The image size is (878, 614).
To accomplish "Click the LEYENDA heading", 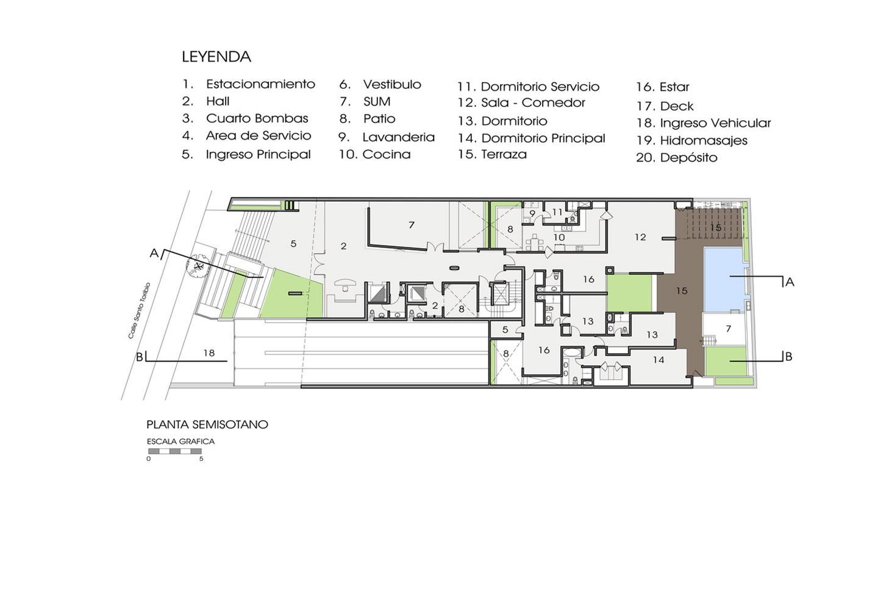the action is coord(216,57).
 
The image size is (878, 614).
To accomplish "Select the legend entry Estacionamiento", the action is coord(261,84).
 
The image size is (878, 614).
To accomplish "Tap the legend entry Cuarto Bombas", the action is coord(257,118).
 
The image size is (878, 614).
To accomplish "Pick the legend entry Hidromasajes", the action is coord(704,141).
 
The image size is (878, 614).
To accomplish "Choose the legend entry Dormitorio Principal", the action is coord(543,138).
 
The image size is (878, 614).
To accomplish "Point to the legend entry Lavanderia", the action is coord(399,137).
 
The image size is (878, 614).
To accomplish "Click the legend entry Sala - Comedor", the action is coord(533,102).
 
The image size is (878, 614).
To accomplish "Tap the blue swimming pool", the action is coord(724,279).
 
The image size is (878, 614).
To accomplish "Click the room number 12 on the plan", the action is coord(640,237).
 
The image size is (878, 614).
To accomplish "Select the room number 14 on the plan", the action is coord(659,360).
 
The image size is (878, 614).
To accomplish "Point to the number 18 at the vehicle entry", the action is coord(209,353).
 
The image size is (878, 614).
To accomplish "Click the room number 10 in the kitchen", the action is coord(559,237).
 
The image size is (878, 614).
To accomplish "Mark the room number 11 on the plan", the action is coord(557,212).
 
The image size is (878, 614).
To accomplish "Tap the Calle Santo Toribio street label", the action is coord(139,310).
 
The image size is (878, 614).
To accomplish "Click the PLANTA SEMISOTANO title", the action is coord(207,424).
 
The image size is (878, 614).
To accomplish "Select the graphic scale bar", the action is coord(175,451).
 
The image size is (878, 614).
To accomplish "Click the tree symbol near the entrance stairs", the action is coord(199,266).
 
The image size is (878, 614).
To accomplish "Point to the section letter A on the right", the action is coord(790,282).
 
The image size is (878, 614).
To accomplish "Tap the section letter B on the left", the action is coord(139,357).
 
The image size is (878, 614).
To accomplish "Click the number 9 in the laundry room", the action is coord(532,213).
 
